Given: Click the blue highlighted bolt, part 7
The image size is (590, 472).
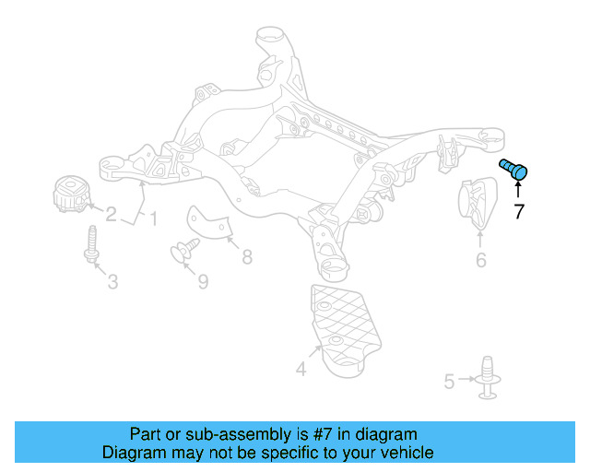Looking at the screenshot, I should click(x=513, y=169).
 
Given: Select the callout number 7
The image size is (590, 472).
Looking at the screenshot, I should click(x=518, y=211).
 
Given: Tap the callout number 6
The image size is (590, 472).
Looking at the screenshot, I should click(x=480, y=261).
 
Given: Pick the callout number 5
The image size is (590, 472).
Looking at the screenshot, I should click(x=449, y=380).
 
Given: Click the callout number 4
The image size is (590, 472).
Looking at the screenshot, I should click(x=301, y=370).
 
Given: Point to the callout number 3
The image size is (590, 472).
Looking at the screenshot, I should click(x=112, y=281).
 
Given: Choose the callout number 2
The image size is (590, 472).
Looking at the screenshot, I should click(x=111, y=215).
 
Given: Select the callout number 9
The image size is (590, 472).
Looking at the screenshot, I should click(x=204, y=280).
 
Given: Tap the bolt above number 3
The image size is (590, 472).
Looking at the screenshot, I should click(x=91, y=244).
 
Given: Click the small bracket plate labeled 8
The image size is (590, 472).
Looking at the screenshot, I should click(x=209, y=224).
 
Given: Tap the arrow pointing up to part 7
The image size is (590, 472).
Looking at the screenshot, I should click(x=518, y=188).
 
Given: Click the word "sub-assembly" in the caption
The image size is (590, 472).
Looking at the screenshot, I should click(x=210, y=434).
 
